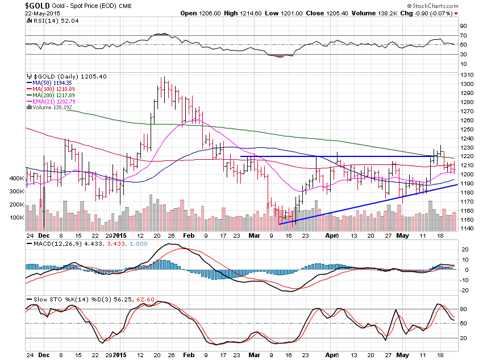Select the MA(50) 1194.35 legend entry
click(x=51, y=82)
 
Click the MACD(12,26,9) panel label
click(x=55, y=244)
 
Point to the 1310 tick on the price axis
click(x=467, y=75)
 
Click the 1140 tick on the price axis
click(x=467, y=229)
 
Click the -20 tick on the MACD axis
click(x=464, y=291)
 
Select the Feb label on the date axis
click(x=191, y=235)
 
